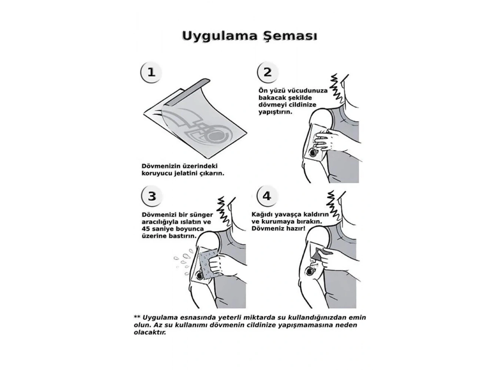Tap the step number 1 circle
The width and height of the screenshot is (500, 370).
click(151, 72)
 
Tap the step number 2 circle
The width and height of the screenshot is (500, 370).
click(267, 72)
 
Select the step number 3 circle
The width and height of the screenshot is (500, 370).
click(151, 196)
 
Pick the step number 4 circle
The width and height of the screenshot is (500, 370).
click(267, 196)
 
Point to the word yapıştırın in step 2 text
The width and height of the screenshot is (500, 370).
click(275, 111)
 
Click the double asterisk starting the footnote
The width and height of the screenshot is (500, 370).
click(137, 317)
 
